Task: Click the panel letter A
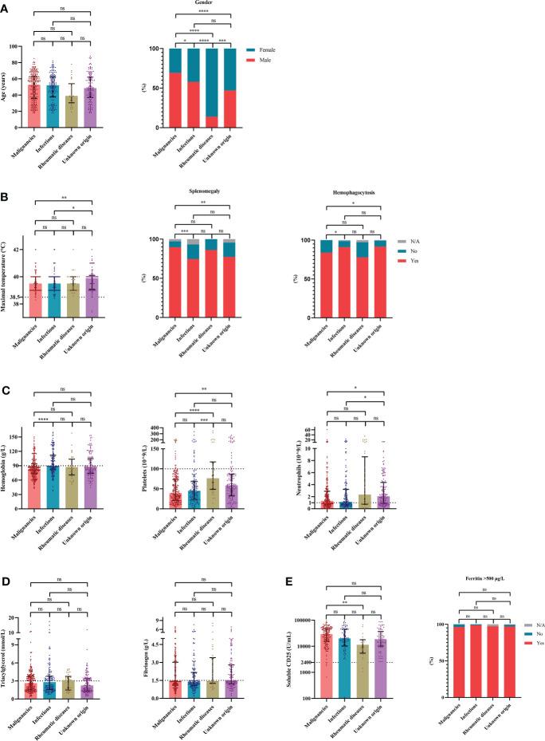[7, 6]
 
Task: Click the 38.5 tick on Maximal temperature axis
[22, 297]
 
